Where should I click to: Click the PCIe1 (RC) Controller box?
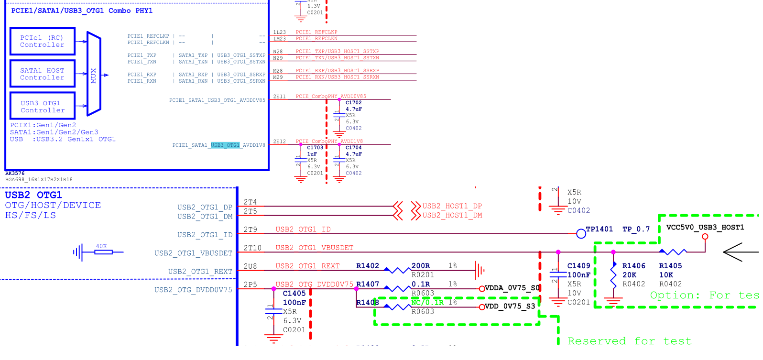[43, 41]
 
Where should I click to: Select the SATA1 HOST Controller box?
[43, 74]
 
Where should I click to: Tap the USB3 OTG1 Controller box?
[43, 106]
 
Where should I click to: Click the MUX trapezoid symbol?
[94, 75]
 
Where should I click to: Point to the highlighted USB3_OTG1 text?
[225, 145]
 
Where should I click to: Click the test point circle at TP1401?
[581, 234]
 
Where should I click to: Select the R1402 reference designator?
[367, 266]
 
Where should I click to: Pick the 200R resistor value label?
[421, 266]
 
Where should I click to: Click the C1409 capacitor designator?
[578, 266]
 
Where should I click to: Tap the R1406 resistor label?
[633, 266]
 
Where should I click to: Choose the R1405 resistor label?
[670, 266]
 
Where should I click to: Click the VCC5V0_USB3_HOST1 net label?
[705, 227]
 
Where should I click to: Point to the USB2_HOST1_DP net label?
[452, 206]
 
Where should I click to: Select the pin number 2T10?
[252, 248]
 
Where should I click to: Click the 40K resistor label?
[101, 246]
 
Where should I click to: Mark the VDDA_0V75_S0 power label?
[512, 288]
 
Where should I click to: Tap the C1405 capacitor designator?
[294, 294]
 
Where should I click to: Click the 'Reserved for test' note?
[629, 341]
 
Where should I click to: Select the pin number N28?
[278, 52]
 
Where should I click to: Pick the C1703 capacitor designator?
[315, 148]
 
